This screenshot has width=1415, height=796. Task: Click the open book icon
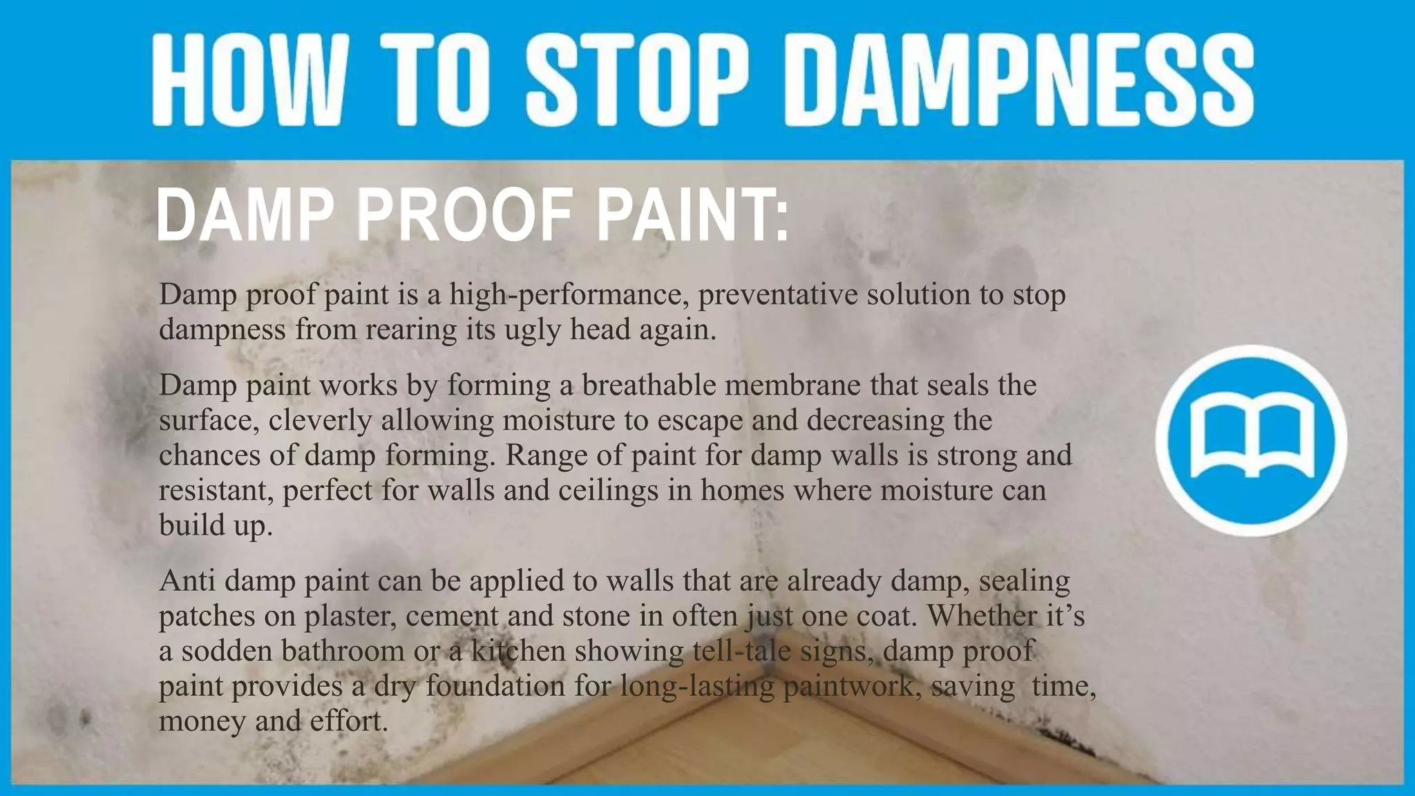click(1251, 440)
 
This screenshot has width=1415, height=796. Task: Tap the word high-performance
click(569, 295)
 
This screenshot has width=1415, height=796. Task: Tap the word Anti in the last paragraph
click(187, 580)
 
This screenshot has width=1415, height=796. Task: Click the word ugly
click(532, 330)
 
